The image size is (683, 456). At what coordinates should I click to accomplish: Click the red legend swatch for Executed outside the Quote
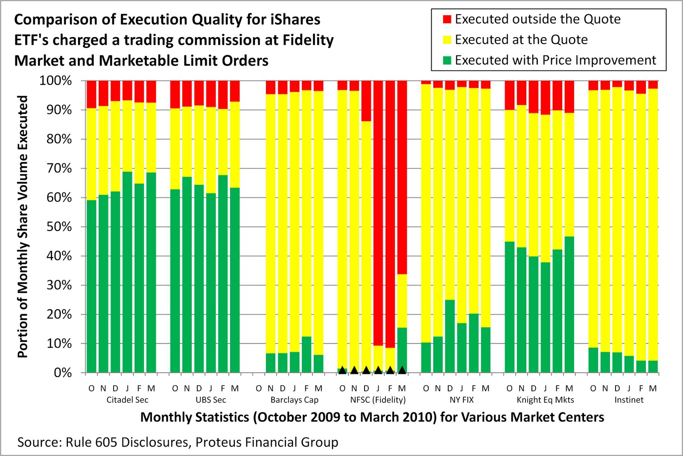click(x=447, y=19)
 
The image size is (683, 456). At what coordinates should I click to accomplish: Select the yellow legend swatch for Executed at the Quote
click(x=447, y=40)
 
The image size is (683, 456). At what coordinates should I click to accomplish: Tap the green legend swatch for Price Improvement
click(x=447, y=60)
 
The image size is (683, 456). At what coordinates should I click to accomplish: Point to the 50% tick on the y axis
click(x=59, y=227)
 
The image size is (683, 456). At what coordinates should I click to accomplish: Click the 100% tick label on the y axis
click(x=55, y=81)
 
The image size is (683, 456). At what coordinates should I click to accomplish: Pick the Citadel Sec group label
click(x=127, y=400)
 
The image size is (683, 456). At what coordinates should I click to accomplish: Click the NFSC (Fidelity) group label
click(x=378, y=400)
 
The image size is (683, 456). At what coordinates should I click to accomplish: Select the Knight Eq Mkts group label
click(x=545, y=400)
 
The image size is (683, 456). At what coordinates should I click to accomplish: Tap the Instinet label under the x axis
click(x=629, y=400)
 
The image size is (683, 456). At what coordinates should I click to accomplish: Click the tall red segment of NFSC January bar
click(x=378, y=213)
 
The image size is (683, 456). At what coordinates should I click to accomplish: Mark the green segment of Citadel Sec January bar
click(x=127, y=273)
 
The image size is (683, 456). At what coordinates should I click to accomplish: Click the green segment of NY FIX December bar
click(x=449, y=337)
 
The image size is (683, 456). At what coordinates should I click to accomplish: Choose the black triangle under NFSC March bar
click(x=402, y=370)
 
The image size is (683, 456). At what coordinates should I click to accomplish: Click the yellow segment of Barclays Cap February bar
click(x=306, y=213)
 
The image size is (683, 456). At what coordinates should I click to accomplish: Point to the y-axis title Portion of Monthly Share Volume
click(x=23, y=226)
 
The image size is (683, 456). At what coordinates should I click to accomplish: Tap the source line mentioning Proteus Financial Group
click(x=178, y=442)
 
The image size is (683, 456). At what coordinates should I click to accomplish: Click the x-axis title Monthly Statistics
click(x=372, y=417)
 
